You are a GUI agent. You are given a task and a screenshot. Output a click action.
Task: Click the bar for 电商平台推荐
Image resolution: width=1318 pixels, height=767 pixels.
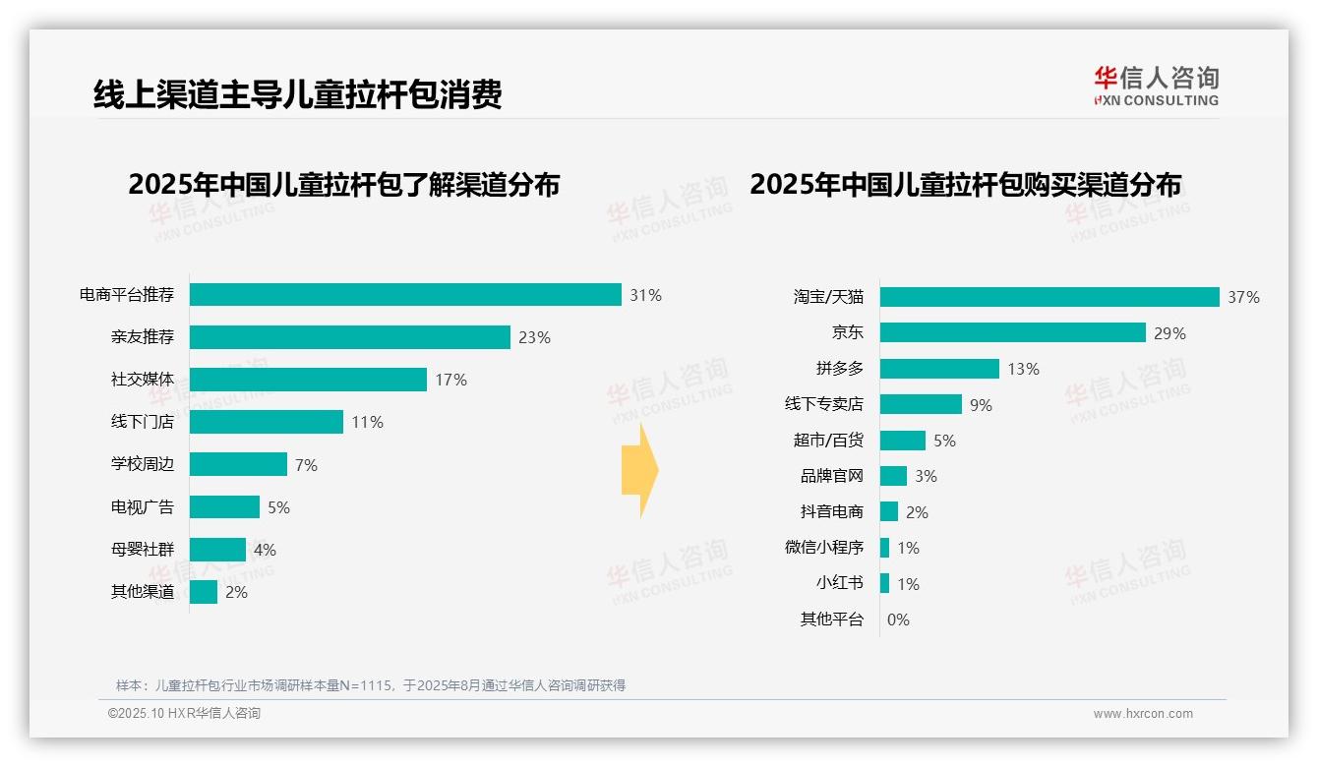(x=405, y=295)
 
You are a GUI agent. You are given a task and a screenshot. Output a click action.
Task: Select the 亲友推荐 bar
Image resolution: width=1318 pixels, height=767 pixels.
(x=350, y=337)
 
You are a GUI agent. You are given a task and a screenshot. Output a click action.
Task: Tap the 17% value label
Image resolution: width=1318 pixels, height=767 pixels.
(x=451, y=380)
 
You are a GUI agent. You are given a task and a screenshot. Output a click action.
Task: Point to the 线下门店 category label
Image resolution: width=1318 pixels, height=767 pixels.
(x=143, y=422)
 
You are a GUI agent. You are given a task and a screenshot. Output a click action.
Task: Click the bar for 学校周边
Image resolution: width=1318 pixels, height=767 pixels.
(x=238, y=464)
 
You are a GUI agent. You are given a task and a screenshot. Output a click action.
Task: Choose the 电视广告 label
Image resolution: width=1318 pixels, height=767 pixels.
(x=143, y=507)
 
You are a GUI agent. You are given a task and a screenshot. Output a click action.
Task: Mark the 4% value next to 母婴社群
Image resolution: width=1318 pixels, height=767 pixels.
(x=265, y=550)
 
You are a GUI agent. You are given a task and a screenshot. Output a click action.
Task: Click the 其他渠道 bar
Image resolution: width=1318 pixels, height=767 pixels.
(x=204, y=592)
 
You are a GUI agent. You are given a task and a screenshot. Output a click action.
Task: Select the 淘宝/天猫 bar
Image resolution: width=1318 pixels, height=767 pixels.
(x=1049, y=297)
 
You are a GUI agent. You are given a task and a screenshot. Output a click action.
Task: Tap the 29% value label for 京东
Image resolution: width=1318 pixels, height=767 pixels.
(x=1169, y=333)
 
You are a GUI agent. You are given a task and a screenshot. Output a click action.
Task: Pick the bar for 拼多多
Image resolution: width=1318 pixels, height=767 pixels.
(x=939, y=369)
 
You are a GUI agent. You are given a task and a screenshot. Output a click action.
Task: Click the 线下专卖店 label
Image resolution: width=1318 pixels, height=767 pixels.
(x=823, y=404)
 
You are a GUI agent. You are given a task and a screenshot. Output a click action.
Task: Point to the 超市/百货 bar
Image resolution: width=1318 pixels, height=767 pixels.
(x=903, y=441)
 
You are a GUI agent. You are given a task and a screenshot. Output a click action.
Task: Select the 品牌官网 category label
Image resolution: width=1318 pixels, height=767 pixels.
(x=831, y=476)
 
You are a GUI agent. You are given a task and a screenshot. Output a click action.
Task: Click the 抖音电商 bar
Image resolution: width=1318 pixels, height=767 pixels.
(x=889, y=512)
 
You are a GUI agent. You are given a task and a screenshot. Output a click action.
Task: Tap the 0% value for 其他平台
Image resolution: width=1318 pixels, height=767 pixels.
(x=898, y=619)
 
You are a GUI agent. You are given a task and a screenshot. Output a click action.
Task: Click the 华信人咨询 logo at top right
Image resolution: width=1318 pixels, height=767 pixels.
(x=1156, y=87)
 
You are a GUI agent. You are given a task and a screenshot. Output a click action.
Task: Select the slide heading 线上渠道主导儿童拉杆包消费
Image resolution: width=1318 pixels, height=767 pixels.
(x=298, y=94)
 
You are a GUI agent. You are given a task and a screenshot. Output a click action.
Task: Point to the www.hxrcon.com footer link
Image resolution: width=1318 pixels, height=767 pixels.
(x=1143, y=714)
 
